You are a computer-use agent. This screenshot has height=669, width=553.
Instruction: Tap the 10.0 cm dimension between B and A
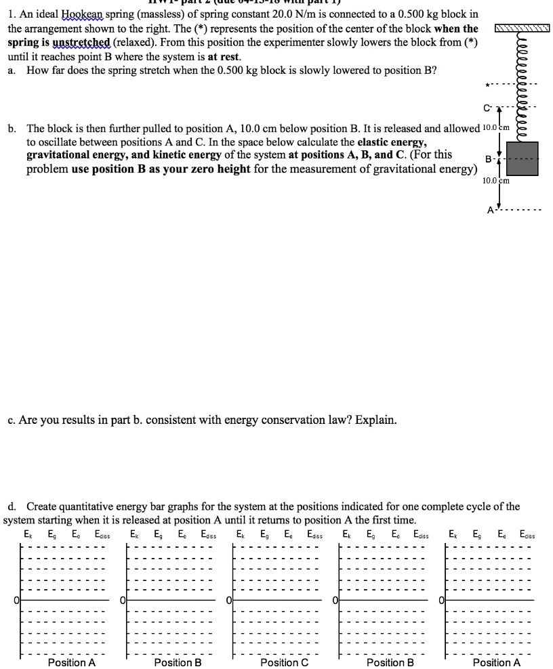[495, 181]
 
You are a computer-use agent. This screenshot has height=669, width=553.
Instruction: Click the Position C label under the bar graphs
[284, 662]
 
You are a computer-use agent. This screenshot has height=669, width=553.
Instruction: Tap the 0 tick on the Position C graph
[230, 600]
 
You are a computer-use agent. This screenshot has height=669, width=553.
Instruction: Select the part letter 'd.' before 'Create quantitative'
[12, 506]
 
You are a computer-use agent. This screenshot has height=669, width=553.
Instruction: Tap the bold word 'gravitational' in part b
[60, 155]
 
